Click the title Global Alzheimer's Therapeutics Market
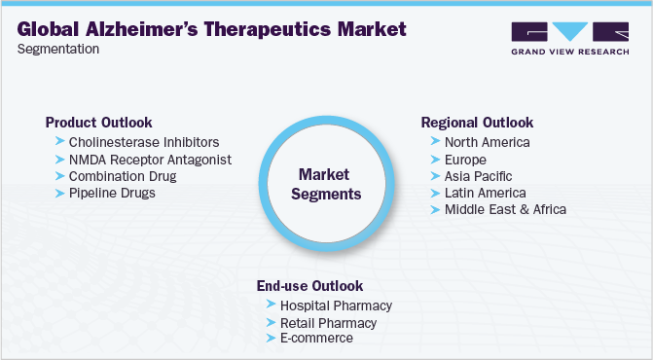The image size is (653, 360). coord(211,29)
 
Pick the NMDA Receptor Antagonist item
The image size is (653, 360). coord(150,160)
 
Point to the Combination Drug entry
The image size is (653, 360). coord(123,176)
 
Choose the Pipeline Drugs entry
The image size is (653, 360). coord(112,193)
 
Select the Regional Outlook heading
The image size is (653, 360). coord(477,123)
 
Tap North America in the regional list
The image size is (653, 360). coord(487,143)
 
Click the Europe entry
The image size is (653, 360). coord(464,160)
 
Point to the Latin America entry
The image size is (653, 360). coord(485,193)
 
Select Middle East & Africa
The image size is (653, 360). coord(505,209)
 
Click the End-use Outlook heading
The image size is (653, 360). coord(309,286)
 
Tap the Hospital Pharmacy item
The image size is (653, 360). coord(336,306)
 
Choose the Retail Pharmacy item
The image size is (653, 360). coord(328,322)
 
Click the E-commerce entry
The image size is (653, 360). coord(316,339)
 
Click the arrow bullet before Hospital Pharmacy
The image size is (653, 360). coord(270,306)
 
